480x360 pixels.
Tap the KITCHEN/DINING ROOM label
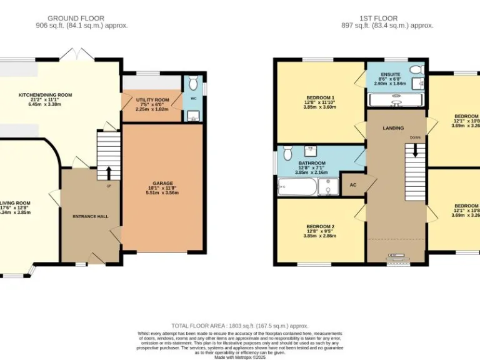click(x=45, y=95)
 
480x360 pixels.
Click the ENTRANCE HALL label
click(x=91, y=216)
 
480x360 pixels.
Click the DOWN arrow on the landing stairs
click(x=412, y=150)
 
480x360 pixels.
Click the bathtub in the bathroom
click(x=296, y=186)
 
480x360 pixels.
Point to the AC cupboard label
click(x=353, y=185)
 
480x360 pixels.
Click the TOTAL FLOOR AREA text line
click(x=239, y=326)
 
